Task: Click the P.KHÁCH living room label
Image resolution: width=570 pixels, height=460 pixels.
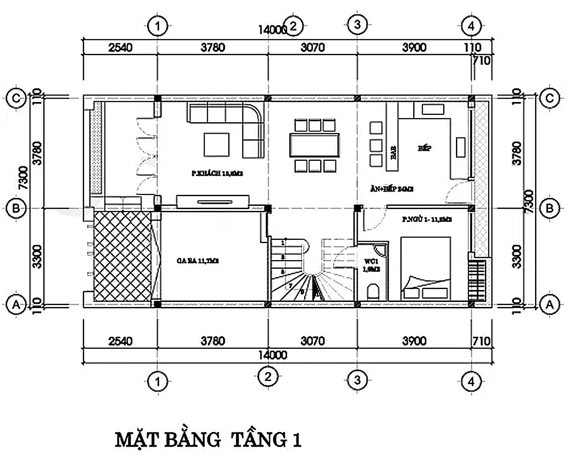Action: pos(217,174)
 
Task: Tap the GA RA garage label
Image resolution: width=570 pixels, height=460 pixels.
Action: pos(197,261)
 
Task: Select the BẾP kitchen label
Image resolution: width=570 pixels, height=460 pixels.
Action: pos(425,148)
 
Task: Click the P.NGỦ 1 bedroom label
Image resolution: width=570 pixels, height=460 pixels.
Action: pos(426,220)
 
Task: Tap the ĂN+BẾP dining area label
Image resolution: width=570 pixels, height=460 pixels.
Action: pos(392,188)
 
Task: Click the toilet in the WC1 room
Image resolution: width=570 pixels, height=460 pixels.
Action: pos(373,291)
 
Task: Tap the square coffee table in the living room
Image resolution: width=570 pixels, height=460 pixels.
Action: pos(217,145)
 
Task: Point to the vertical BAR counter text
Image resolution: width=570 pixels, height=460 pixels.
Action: pos(394,152)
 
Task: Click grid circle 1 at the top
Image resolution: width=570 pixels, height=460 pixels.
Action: pos(158,26)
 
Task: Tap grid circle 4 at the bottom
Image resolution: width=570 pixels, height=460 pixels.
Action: pos(471,381)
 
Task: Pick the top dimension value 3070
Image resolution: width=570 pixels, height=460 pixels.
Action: pos(312,47)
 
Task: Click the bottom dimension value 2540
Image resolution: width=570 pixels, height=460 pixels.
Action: pos(120,341)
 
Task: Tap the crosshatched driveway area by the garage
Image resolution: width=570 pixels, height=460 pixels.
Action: pos(122,256)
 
